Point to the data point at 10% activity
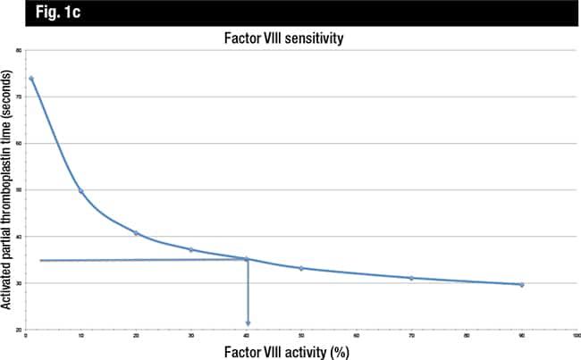point(81,191)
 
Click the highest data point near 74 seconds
point(31,79)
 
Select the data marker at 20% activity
point(136,233)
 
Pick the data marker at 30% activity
point(191,249)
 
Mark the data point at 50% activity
point(301,268)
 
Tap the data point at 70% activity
point(411,278)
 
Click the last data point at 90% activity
point(521,285)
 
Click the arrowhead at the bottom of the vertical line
point(247,322)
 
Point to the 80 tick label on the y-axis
point(18,50)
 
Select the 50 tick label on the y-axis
point(18,190)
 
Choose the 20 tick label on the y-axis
point(18,331)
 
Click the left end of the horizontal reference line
point(41,260)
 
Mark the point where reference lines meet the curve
point(247,259)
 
